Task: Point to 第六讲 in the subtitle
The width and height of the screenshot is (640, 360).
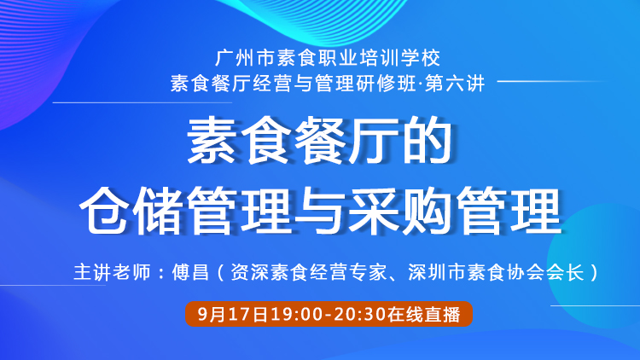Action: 455,84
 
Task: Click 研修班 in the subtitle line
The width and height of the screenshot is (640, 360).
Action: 386,84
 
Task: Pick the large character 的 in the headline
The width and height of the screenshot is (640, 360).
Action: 428,140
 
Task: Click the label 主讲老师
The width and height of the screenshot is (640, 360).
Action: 113,272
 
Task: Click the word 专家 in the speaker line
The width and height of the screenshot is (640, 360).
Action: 368,272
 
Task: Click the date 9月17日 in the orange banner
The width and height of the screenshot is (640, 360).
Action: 233,314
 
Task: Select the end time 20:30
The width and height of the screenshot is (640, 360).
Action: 358,314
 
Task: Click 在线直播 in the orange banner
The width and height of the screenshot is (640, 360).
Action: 423,314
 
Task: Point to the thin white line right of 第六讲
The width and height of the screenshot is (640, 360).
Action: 551,81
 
